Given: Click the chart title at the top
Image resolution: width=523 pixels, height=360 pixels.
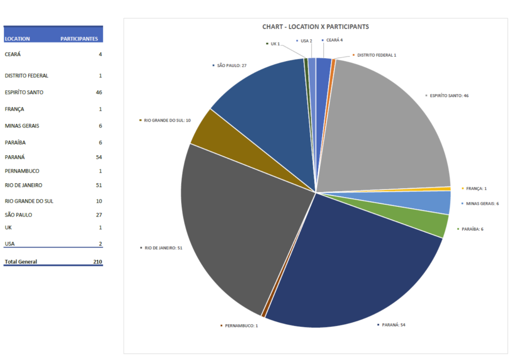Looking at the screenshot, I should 315,27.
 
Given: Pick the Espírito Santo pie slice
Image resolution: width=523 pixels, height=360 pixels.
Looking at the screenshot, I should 388,128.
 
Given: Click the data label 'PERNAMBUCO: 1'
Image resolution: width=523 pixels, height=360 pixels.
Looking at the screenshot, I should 241,325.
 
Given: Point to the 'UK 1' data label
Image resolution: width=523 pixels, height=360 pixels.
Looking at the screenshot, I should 275,44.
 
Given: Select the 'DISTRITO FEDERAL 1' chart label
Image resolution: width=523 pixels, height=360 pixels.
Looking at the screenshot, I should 376,55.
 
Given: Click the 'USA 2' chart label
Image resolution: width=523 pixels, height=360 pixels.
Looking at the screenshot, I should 306,40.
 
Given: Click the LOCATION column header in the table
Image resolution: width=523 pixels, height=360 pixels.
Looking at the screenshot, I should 17,39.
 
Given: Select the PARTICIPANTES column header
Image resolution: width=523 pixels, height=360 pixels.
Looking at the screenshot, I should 79,39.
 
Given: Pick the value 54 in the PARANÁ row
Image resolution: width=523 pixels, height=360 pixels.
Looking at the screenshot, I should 99,157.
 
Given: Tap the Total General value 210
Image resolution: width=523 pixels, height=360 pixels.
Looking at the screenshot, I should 98,262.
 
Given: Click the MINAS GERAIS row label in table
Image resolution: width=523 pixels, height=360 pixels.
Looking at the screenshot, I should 22,126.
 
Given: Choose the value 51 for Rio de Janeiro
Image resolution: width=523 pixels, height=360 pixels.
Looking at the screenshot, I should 99,185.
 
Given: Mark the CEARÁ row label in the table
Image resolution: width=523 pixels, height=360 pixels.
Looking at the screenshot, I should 13,54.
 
